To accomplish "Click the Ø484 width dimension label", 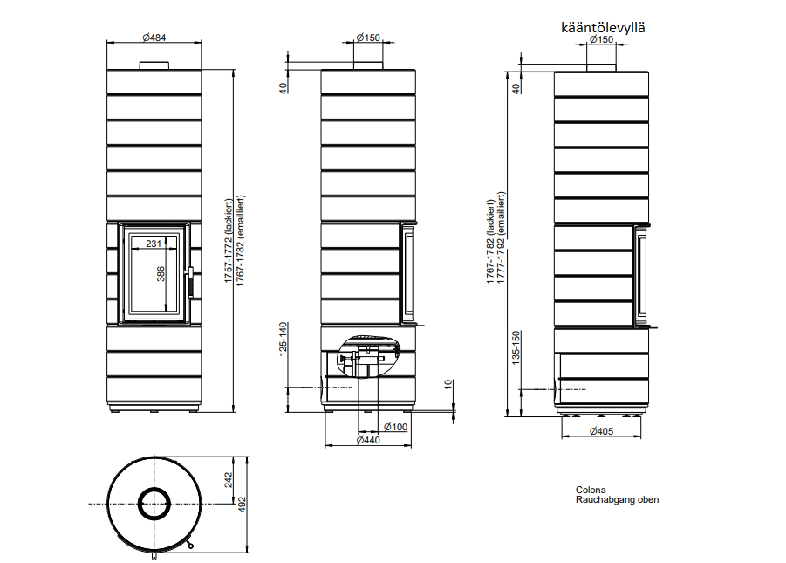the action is pos(154,38).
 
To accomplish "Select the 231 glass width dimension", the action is pos(154,244).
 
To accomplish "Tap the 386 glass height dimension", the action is pos(161,274).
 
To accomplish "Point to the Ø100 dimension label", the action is pos(395,427).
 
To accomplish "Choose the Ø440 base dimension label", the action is pos(368,440).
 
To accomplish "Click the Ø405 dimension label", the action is pos(601,431).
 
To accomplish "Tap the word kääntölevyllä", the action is pos(603,27).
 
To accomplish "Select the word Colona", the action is pos(591,490).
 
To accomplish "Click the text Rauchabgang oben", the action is pos(617,499).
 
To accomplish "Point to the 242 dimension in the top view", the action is pos(228,480).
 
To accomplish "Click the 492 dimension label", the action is pos(242,505).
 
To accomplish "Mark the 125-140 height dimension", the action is pos(284,340).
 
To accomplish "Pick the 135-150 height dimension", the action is pos(516,347).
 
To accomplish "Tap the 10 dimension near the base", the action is pos(448,384).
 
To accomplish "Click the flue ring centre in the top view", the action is pos(154,504).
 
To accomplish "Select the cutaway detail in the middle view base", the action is pos(369,355).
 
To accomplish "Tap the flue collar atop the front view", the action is pos(154,65).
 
